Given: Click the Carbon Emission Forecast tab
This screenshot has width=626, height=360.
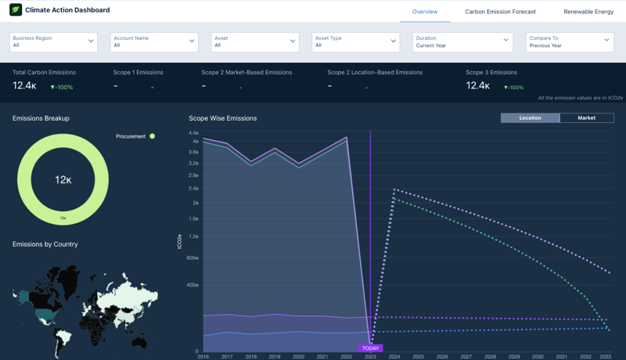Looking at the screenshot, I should pyautogui.click(x=500, y=12).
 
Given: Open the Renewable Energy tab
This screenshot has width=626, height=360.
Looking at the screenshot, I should pyautogui.click(x=588, y=12).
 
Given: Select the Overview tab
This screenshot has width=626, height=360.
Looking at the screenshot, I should pyautogui.click(x=425, y=12).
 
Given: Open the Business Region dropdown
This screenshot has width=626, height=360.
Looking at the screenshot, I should pyautogui.click(x=53, y=41).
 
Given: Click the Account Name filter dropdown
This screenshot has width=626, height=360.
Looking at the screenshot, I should pyautogui.click(x=154, y=41).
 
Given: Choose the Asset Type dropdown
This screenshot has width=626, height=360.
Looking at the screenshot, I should pyautogui.click(x=356, y=41).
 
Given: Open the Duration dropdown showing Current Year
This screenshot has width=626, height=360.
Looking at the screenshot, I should pyautogui.click(x=462, y=41).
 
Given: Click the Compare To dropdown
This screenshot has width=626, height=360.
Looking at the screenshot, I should pyautogui.click(x=569, y=41).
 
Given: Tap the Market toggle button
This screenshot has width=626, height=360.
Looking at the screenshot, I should pyautogui.click(x=586, y=118).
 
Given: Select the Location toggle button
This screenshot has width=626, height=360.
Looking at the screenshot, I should pyautogui.click(x=530, y=118).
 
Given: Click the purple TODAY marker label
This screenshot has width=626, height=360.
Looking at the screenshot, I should pyautogui.click(x=370, y=348).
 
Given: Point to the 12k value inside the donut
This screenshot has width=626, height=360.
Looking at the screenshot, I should pyautogui.click(x=63, y=180).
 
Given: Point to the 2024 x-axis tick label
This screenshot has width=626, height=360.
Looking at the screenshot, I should pyautogui.click(x=394, y=357).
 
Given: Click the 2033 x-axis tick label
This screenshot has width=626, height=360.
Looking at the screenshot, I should pyautogui.click(x=606, y=357).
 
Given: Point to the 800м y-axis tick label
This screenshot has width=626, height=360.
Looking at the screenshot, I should pyautogui.click(x=191, y=258).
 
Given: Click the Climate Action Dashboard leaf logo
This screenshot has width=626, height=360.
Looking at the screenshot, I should pyautogui.click(x=16, y=10).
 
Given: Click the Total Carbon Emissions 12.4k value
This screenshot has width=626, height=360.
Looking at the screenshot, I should pyautogui.click(x=24, y=86).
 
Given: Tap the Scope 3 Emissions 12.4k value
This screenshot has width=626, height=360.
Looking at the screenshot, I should pyautogui.click(x=477, y=86).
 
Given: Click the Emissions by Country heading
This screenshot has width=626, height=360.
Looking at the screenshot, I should pyautogui.click(x=45, y=244).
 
